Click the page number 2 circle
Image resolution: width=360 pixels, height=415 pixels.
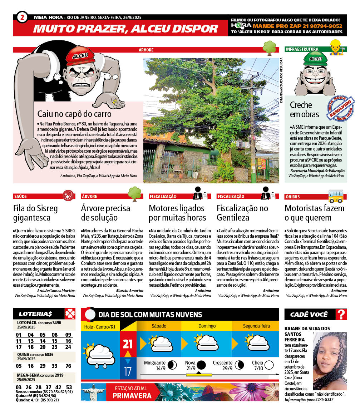click(x=22, y=17)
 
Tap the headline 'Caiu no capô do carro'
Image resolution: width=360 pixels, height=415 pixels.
click(x=74, y=114)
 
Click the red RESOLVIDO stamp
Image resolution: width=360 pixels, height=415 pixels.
click(x=341, y=107)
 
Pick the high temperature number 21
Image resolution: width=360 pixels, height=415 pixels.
click(x=128, y=344)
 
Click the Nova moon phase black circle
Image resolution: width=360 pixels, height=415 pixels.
click(x=201, y=365)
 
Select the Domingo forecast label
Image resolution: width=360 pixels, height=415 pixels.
click(x=207, y=326)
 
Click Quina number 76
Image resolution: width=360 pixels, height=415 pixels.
click(x=68, y=366)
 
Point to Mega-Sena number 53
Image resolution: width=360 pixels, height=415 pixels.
click(x=69, y=387)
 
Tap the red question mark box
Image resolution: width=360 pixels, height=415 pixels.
click(x=342, y=314)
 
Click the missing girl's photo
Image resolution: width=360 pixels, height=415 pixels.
click(x=330, y=361)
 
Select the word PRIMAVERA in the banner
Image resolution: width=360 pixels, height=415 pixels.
click(x=132, y=396)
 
